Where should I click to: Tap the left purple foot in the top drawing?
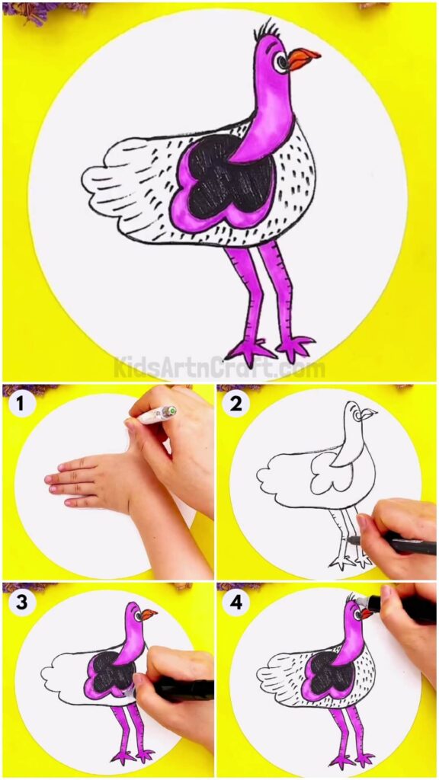coord(250,350)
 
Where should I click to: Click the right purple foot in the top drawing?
coord(296,347)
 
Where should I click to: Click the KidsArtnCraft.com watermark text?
coord(219,369)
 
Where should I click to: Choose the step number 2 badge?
coord(236,404)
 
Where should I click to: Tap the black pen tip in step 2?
coord(352,539)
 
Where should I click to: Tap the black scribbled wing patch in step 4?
coord(328,673)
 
